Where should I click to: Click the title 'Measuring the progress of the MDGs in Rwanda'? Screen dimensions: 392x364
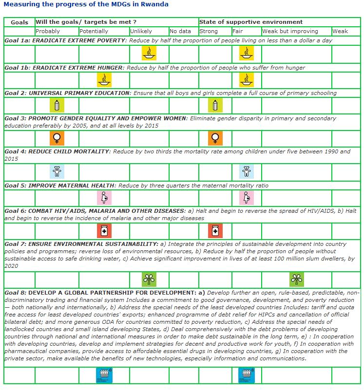point(86,5)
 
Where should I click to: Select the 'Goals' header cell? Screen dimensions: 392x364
point(19,22)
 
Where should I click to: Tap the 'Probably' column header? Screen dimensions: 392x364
point(48,31)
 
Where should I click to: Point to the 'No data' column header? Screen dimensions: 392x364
point(181,31)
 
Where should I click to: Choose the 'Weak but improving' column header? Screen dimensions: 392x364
point(290,31)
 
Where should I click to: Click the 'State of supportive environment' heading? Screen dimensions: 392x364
point(251,22)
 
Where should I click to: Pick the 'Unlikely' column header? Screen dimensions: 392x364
point(141,31)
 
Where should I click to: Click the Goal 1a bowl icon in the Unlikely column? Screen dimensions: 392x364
point(149,53)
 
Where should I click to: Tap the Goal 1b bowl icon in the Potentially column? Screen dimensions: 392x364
point(104,79)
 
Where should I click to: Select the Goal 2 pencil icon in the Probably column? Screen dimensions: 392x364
point(57,105)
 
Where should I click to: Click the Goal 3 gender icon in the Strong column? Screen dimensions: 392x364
point(215,138)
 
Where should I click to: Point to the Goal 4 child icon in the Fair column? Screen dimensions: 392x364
point(247,171)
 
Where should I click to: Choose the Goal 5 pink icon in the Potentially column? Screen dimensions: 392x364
point(104,198)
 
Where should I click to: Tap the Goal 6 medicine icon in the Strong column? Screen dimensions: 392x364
point(215,230)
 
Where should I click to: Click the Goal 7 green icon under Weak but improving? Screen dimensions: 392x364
point(296,280)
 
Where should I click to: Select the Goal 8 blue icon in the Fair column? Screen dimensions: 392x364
point(247,375)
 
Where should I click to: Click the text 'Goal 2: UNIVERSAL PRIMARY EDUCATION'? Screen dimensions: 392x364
point(67,93)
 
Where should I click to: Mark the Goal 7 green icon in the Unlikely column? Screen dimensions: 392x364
point(149,280)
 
